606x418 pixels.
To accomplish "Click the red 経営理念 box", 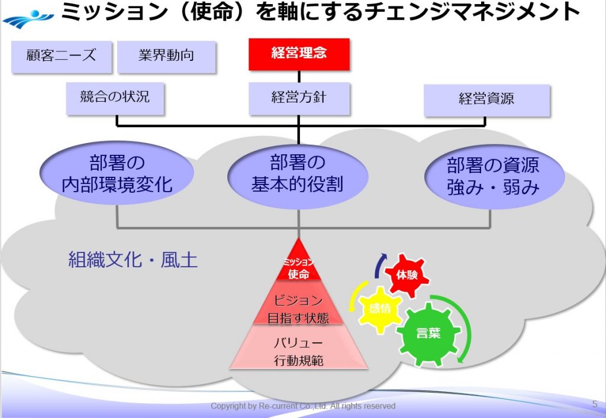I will click(x=299, y=54).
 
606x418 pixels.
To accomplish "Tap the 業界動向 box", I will click(x=166, y=57).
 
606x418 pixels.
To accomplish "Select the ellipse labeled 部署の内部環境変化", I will click(x=117, y=174).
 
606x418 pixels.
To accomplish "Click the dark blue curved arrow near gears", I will click(x=379, y=265).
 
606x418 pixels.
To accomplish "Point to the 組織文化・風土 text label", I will click(x=133, y=260).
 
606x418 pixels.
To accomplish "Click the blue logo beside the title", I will click(x=27, y=18).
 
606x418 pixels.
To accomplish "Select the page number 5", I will click(x=594, y=404).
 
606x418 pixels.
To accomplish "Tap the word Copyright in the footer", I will click(x=228, y=406).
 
